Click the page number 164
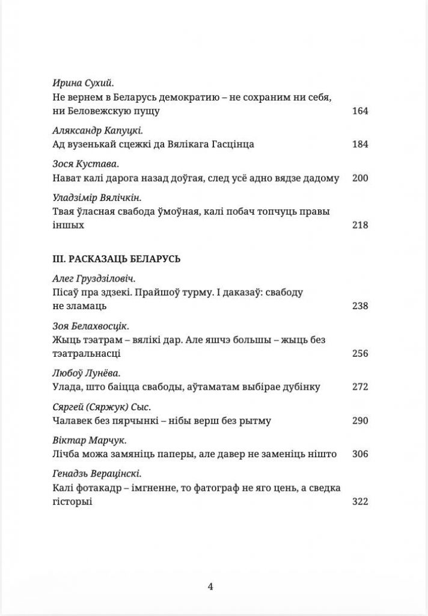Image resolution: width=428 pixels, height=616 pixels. tap(359, 111)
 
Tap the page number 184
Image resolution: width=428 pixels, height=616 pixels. tap(359, 144)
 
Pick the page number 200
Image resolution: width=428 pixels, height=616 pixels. tap(359, 178)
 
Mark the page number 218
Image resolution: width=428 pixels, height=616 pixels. tap(359, 226)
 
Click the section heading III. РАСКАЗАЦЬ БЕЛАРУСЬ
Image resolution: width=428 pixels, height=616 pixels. tap(117, 259)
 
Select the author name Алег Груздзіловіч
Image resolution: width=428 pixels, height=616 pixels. tap(90, 279)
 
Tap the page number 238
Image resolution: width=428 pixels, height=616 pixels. tap(359, 306)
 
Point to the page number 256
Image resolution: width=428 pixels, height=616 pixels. tap(359, 353)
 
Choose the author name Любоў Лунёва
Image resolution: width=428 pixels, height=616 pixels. tap(78, 372)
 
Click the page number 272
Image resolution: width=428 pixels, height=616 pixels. tap(359, 387)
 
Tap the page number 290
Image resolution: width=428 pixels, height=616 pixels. tap(359, 420)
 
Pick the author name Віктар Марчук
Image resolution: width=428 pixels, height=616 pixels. tap(78, 440)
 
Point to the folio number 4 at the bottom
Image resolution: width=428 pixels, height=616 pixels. tap(210, 587)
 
